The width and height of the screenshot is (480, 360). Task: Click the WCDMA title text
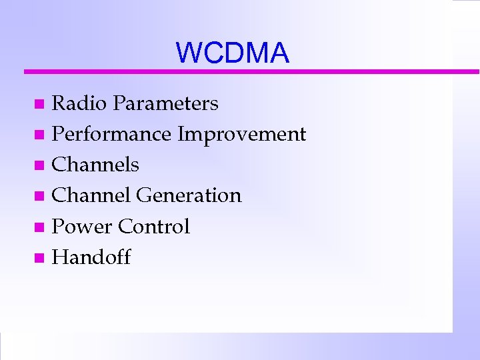(233, 53)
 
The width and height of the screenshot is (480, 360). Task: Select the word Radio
(79, 103)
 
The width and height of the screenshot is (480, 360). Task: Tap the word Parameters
(165, 103)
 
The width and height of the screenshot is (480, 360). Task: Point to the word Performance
(111, 134)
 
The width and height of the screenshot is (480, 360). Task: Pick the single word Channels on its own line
(95, 165)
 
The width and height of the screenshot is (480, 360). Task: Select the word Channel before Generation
(91, 195)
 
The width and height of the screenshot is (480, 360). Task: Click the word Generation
(189, 195)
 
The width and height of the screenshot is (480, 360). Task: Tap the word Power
(82, 226)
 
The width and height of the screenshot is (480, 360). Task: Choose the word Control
(154, 226)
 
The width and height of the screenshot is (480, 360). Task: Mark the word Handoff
(91, 257)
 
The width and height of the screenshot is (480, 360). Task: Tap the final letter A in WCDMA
(280, 53)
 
